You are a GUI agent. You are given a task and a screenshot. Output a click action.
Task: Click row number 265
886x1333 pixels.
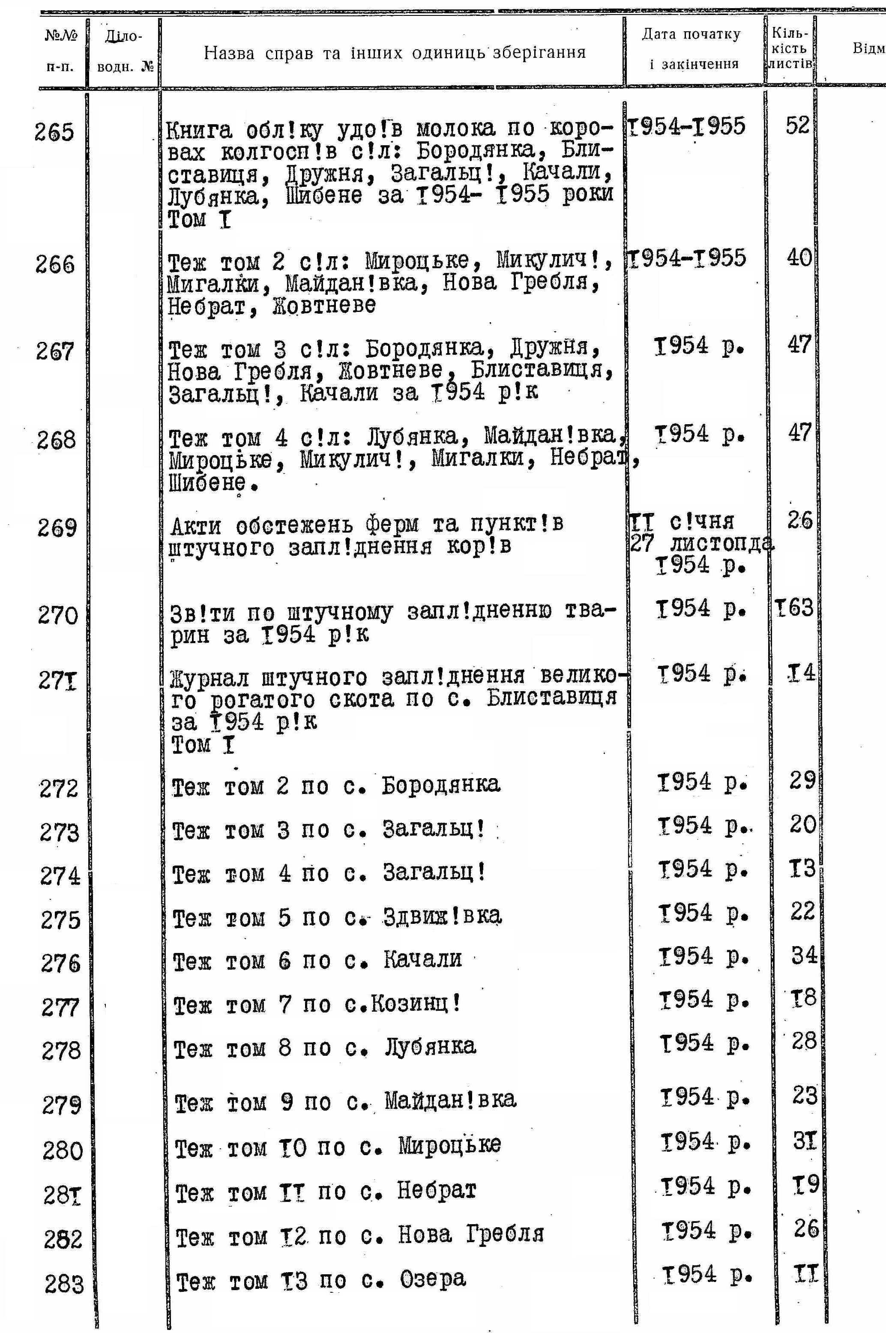tap(54, 132)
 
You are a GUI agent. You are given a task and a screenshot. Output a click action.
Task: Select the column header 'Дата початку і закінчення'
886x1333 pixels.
tap(691, 49)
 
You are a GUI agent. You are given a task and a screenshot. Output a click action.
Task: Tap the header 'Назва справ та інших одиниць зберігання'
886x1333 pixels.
tap(395, 53)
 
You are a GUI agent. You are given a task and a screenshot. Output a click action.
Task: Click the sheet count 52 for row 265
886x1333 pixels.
tap(797, 126)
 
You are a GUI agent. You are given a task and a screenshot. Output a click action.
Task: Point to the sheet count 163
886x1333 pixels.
tap(794, 608)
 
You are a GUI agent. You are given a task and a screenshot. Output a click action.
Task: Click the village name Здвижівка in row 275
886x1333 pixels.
tap(442, 915)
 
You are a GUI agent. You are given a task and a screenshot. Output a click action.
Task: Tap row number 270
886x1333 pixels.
tap(58, 615)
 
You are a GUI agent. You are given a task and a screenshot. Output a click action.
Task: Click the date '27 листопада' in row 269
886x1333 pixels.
tap(700, 544)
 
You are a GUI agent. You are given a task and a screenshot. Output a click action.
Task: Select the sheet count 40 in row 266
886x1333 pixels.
tap(799, 258)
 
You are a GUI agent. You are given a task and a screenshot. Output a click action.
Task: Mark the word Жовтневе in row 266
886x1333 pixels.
tap(324, 305)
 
